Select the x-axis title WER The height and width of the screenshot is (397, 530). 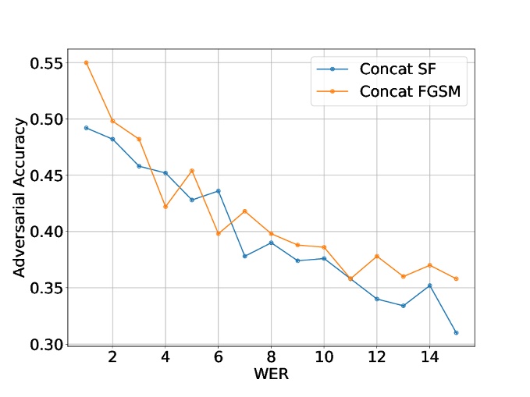[x=270, y=374]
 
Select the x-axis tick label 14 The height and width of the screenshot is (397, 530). [x=429, y=358]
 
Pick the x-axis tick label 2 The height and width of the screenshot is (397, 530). [x=112, y=358]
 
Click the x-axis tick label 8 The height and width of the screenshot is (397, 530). [x=271, y=358]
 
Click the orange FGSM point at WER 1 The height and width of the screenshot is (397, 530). [x=86, y=62]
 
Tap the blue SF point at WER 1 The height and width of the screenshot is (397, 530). [x=86, y=128]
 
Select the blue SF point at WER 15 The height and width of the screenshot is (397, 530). [x=456, y=333]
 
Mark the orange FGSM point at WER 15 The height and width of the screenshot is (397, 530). [x=456, y=278]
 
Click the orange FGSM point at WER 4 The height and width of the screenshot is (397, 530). [x=165, y=207]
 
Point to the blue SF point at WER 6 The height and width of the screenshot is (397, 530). [x=218, y=191]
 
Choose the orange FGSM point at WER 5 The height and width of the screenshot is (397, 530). [x=191, y=171]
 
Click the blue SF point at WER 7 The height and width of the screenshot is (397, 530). [x=244, y=256]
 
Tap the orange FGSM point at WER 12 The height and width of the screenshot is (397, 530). [x=376, y=256]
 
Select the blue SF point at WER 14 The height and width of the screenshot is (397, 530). [x=429, y=285]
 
